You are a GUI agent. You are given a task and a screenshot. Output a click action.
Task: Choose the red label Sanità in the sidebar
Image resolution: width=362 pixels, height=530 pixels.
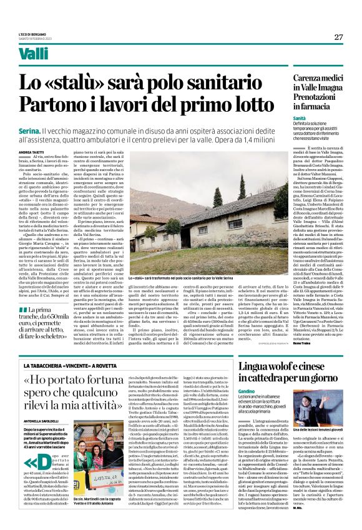tap(299, 117)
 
